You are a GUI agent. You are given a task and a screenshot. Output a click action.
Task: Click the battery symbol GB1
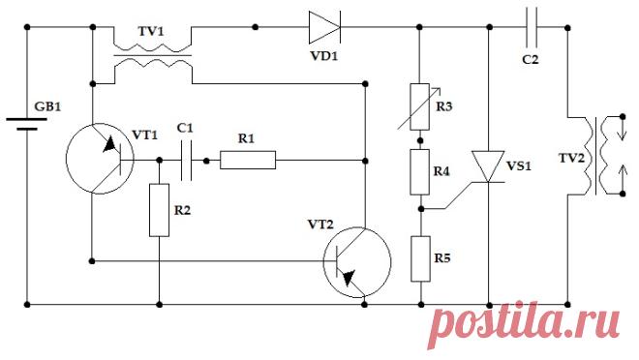(27, 124)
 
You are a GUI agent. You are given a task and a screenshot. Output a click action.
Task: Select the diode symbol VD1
(324, 27)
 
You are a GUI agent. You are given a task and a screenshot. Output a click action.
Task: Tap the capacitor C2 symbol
(532, 27)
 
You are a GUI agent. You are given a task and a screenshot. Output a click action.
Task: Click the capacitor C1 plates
(186, 161)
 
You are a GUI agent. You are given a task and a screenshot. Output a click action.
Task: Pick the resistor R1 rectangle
(248, 160)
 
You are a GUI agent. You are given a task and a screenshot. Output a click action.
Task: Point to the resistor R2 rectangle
(160, 210)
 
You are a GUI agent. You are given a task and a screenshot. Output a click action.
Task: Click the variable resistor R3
(420, 106)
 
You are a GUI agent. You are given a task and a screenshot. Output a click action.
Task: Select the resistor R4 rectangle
(420, 172)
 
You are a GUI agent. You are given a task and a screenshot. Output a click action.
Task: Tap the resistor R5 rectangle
(420, 258)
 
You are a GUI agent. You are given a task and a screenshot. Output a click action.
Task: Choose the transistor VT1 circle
(100, 159)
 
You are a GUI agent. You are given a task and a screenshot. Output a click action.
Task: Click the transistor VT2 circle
(357, 262)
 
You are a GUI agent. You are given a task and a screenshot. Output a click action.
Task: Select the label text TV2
(572, 159)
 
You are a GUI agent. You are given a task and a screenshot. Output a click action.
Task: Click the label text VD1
(324, 56)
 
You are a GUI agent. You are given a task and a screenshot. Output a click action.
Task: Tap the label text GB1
(47, 106)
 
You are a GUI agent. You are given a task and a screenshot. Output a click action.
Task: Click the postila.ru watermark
(524, 325)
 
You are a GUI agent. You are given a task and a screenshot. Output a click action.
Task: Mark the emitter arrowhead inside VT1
(110, 144)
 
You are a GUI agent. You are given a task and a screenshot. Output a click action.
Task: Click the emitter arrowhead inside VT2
(349, 279)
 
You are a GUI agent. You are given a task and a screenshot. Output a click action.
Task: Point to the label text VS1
(519, 166)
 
